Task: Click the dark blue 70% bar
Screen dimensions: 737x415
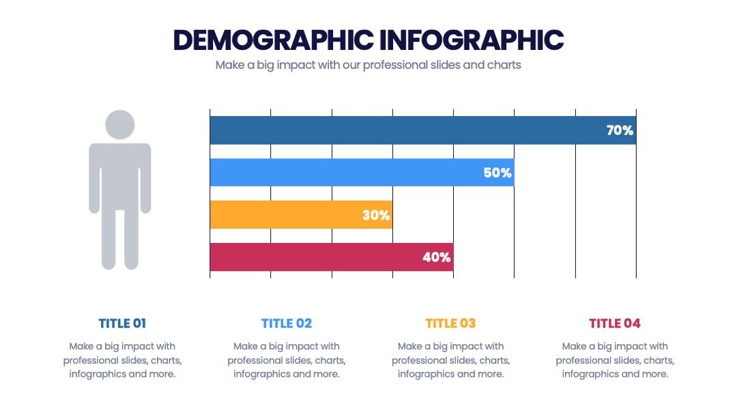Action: (423, 130)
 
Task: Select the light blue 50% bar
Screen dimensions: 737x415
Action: (362, 173)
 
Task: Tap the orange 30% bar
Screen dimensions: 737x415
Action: (302, 215)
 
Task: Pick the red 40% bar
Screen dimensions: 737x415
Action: (332, 257)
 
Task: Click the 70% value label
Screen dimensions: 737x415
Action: (620, 130)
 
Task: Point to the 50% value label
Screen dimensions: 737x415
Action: (497, 173)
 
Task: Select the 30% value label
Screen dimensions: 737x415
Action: (376, 215)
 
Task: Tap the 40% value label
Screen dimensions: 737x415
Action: (436, 257)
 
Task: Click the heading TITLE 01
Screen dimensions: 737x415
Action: (122, 324)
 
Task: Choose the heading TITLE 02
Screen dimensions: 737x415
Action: (287, 324)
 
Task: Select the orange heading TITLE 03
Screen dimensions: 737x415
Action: (451, 324)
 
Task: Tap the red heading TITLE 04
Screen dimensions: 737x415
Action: (615, 324)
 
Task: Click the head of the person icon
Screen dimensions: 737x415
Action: (120, 124)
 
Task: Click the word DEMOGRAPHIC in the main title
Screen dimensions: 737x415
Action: (274, 40)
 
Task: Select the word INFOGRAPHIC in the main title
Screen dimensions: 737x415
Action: (472, 40)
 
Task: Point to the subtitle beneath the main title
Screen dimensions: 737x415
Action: (368, 65)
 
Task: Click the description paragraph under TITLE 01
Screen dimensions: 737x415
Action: (122, 360)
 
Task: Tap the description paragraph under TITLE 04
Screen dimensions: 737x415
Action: (615, 360)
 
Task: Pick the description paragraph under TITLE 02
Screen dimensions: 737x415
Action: (287, 360)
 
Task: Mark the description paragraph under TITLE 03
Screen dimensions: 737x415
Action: (451, 360)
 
